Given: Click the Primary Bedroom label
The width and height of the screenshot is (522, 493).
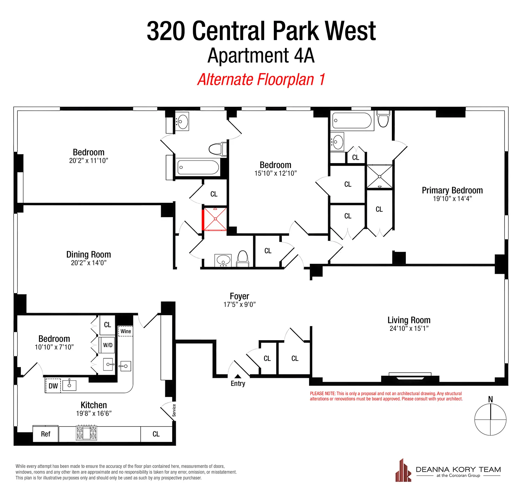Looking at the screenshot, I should [452, 190].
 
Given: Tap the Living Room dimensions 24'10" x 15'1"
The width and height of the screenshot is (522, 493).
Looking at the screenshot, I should [409, 328].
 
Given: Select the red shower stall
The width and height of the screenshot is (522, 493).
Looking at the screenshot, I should [215, 219].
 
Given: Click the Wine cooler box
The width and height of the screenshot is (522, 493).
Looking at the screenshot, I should [126, 331].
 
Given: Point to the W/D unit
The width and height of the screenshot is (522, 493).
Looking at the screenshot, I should [108, 345].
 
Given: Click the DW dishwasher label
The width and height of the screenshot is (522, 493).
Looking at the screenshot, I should [53, 386].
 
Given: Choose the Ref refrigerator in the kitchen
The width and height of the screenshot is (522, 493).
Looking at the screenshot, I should [46, 434].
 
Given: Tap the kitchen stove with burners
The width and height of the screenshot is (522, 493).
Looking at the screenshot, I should [86, 433].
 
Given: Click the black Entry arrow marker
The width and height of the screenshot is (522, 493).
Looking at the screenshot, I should [238, 376].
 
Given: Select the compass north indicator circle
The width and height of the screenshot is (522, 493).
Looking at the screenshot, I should [490, 420].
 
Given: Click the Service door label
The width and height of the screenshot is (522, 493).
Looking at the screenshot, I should [174, 410].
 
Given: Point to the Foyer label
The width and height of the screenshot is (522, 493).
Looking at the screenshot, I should [239, 296].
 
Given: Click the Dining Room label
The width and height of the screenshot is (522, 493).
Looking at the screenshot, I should [88, 254].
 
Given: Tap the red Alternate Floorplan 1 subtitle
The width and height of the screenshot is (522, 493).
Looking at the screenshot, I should [261, 79].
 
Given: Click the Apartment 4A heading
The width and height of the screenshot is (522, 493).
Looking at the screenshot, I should [261, 56].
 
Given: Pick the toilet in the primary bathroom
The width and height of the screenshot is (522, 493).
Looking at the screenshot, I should [383, 119].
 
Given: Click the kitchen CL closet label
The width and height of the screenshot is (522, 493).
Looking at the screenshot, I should [156, 434].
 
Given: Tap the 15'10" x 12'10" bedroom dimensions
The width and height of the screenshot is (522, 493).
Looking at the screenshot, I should [275, 173].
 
